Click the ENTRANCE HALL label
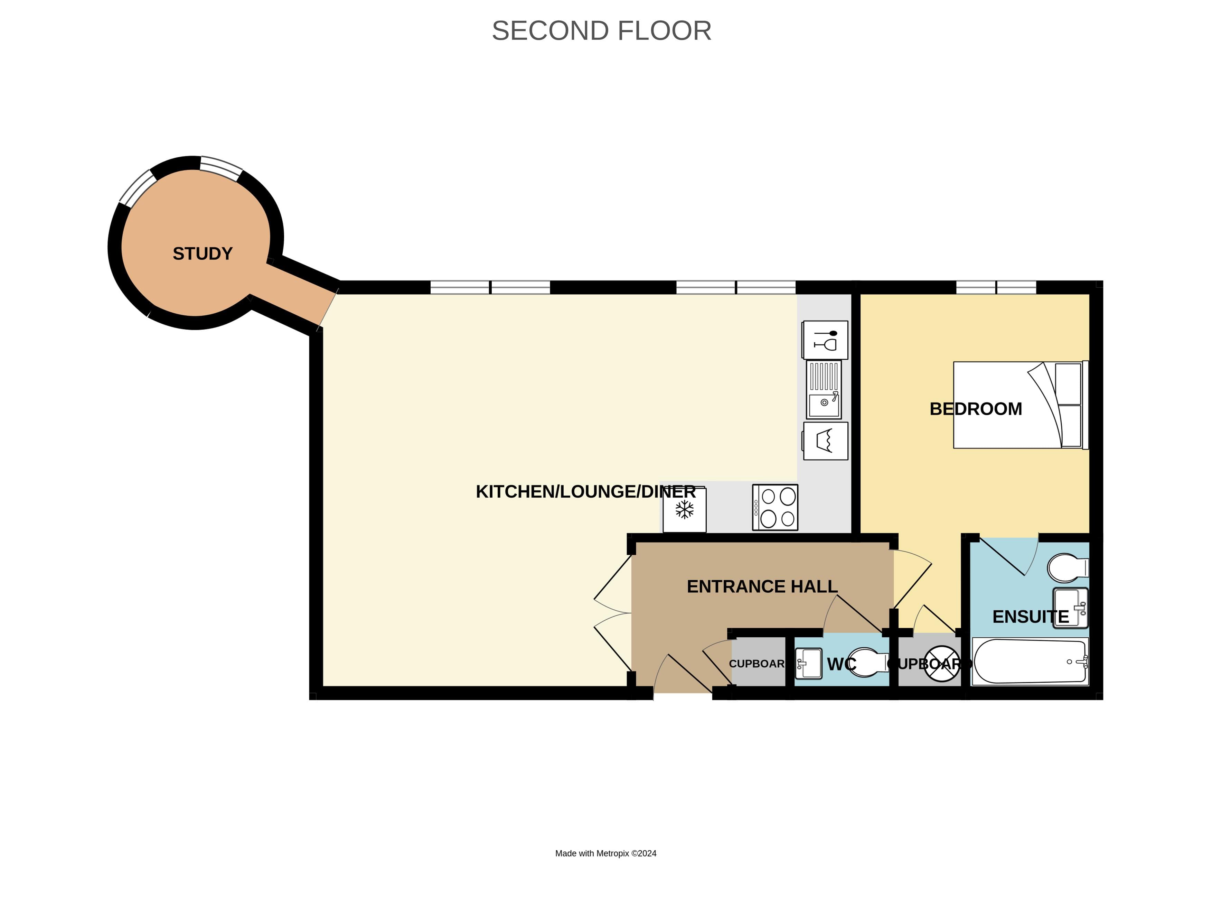point(762,586)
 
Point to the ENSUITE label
point(1030,617)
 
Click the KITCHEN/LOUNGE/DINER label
point(585,492)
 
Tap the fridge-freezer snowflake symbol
point(684,510)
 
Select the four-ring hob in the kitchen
point(775,507)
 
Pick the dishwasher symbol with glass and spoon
point(825,340)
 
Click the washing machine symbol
point(825,441)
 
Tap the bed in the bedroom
point(1020,405)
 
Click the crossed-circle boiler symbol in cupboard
point(942,664)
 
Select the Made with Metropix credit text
point(605,853)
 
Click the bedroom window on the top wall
point(996,287)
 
